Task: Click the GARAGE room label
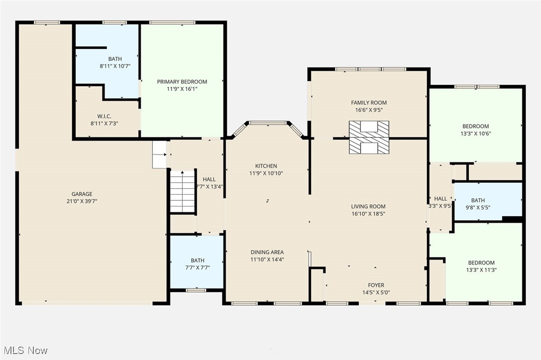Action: [x=82, y=194]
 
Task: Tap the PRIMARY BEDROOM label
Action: [x=182, y=82]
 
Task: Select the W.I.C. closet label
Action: [x=104, y=117]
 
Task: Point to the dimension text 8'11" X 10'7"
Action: [x=115, y=66]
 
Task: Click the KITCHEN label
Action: [x=266, y=166]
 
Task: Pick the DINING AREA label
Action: [x=267, y=252]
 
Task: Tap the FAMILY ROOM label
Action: [x=369, y=103]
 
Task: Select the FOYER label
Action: [x=376, y=285]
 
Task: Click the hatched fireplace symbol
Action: [x=369, y=137]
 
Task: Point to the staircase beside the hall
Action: [x=182, y=191]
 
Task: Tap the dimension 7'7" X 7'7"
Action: [x=197, y=267]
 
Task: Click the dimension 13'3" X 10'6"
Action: [x=475, y=133]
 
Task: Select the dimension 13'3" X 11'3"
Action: [x=481, y=270]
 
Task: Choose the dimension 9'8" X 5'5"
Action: [x=478, y=208]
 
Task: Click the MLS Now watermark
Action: [x=25, y=350]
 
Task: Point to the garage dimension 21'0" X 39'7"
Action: [x=82, y=201]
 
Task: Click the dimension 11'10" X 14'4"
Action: [x=267, y=259]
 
